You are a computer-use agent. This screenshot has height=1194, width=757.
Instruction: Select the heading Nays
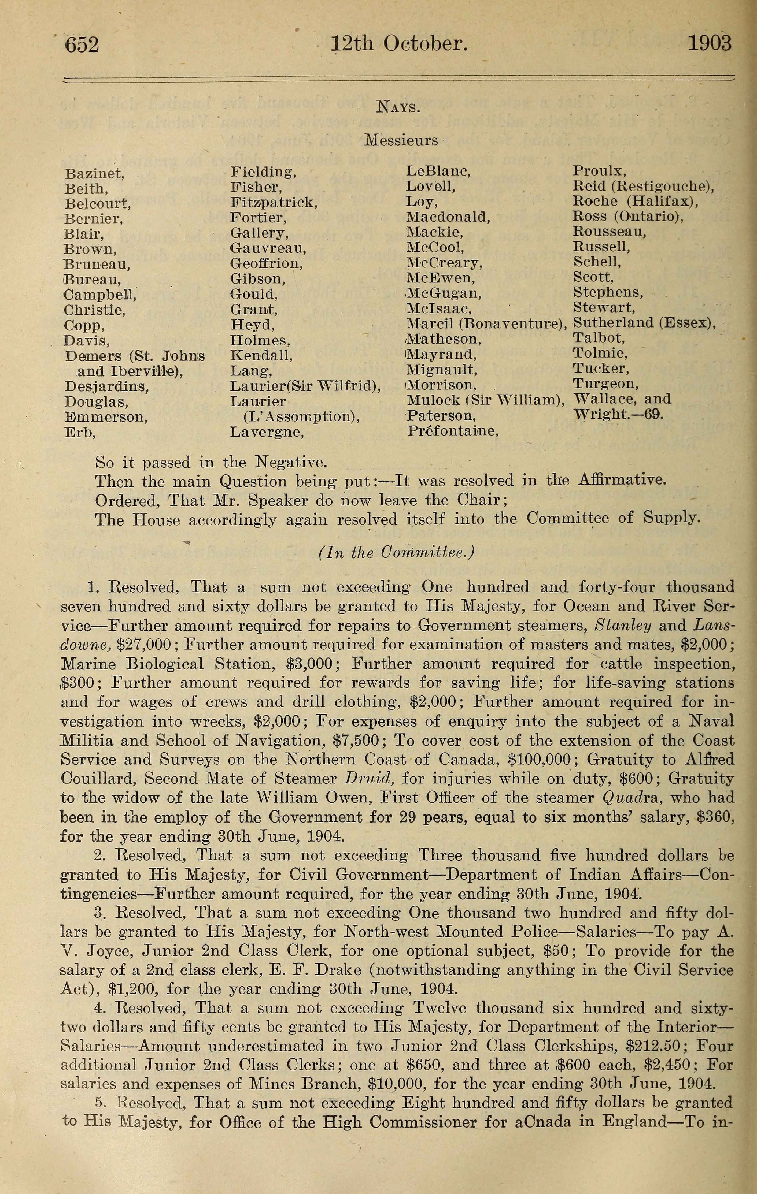click(398, 107)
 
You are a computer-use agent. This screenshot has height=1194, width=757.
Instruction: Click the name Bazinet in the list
click(94, 174)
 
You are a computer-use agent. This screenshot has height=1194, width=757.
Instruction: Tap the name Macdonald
click(448, 217)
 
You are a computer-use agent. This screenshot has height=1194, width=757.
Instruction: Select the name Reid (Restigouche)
click(643, 187)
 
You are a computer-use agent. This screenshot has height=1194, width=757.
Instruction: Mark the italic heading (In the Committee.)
click(396, 553)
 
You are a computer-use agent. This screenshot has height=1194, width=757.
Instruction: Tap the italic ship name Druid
click(370, 779)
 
